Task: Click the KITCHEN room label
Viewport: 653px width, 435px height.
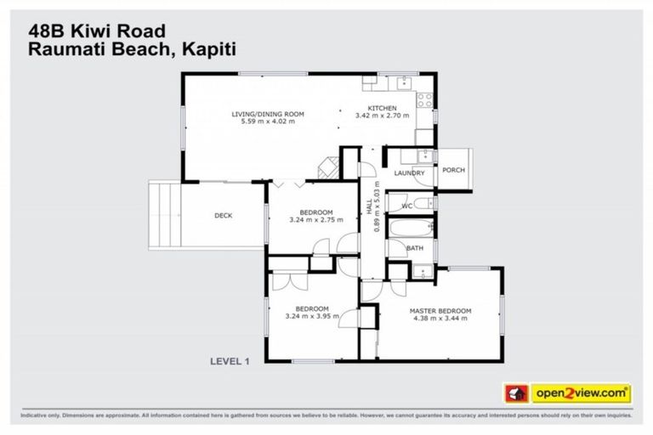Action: click(x=382, y=108)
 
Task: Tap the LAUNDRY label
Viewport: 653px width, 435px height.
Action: click(x=409, y=173)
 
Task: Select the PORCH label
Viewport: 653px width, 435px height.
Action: click(x=453, y=170)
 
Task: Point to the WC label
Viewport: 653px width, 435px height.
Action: click(x=406, y=206)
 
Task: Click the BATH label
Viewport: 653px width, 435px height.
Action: click(x=414, y=248)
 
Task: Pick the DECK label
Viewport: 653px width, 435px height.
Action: click(x=223, y=216)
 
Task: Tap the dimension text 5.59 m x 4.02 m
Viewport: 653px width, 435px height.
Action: click(x=268, y=121)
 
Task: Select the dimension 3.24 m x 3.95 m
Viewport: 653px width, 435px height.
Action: click(x=311, y=316)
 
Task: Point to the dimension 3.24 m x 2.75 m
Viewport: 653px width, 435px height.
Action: click(x=314, y=219)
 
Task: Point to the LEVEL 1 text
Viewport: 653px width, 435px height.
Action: click(x=229, y=361)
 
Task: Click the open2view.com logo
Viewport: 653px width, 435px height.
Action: click(x=581, y=393)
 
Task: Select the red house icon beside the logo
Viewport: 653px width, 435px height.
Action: click(x=516, y=393)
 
